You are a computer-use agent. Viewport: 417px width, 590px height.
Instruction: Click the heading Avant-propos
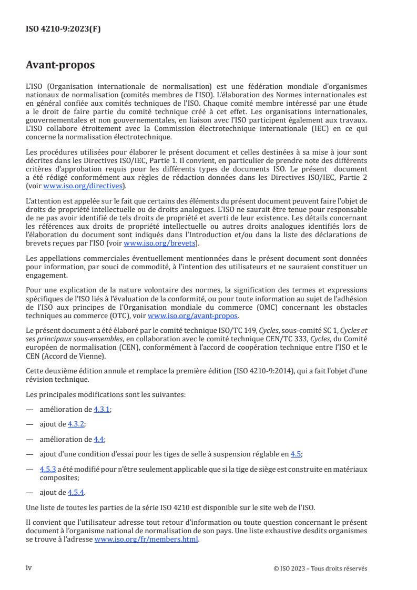pos(60,65)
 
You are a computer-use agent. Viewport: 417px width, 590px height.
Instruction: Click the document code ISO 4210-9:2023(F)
pos(63,29)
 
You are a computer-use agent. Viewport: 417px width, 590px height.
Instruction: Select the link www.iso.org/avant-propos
pos(193,316)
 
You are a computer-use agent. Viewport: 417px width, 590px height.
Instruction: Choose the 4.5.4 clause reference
pos(76,492)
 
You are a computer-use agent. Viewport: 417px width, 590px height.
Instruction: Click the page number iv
pos(29,568)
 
